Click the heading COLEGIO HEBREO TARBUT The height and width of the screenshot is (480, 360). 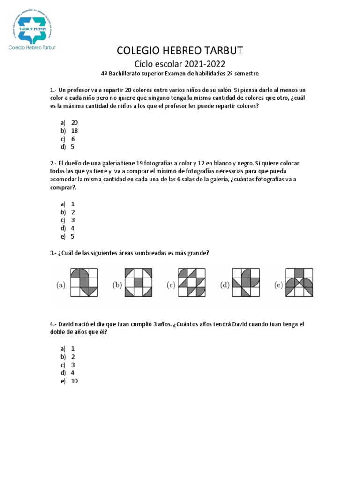(x=180, y=51)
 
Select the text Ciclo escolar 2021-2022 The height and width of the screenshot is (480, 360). (x=180, y=64)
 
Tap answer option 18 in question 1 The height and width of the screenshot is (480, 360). (x=75, y=131)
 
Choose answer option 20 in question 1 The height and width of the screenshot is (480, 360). (x=75, y=122)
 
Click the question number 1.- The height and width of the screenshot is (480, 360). (x=53, y=90)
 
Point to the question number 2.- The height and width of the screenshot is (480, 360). (x=53, y=163)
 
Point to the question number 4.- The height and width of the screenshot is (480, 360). (x=53, y=324)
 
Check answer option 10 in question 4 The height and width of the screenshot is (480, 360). (x=75, y=381)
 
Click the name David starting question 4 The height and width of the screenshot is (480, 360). (x=67, y=324)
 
